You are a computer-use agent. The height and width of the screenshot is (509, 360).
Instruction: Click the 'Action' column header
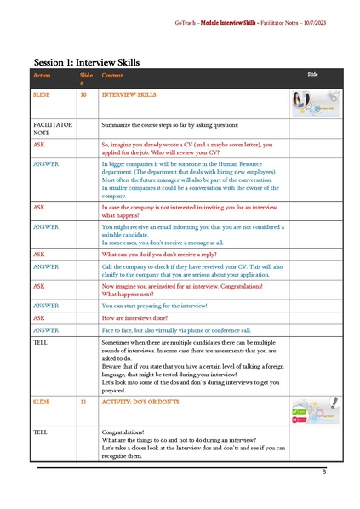pos(42,76)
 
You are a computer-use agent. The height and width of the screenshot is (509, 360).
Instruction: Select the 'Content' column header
pos(111,76)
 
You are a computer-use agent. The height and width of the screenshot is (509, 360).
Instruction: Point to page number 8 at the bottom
pos(324,471)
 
